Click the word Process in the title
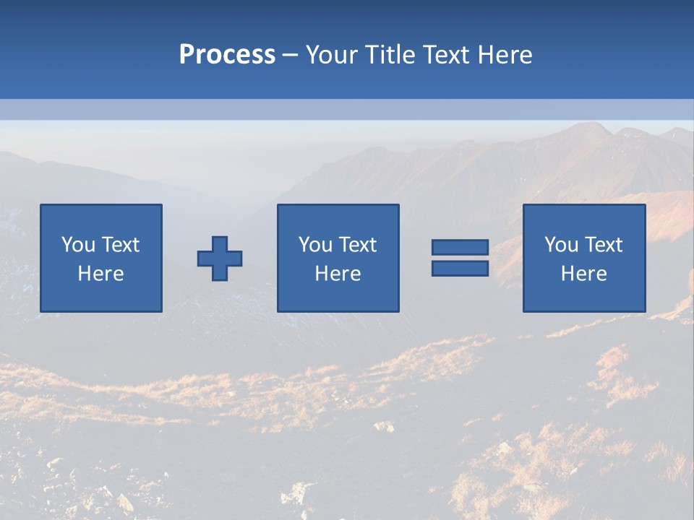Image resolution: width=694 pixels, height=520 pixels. pos(227,55)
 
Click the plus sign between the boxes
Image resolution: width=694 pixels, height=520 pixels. pos(220,259)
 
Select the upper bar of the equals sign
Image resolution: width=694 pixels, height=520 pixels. pos(460,248)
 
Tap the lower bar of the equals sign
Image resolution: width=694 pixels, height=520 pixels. pos(460,268)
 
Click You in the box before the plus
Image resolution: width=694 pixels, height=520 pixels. pos(78,245)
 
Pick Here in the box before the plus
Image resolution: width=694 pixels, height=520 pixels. pos(101,274)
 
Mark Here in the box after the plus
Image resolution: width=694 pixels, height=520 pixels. pos(338,274)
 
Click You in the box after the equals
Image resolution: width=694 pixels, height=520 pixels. pos(561,245)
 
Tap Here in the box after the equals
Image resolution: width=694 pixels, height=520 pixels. pos(584,274)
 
